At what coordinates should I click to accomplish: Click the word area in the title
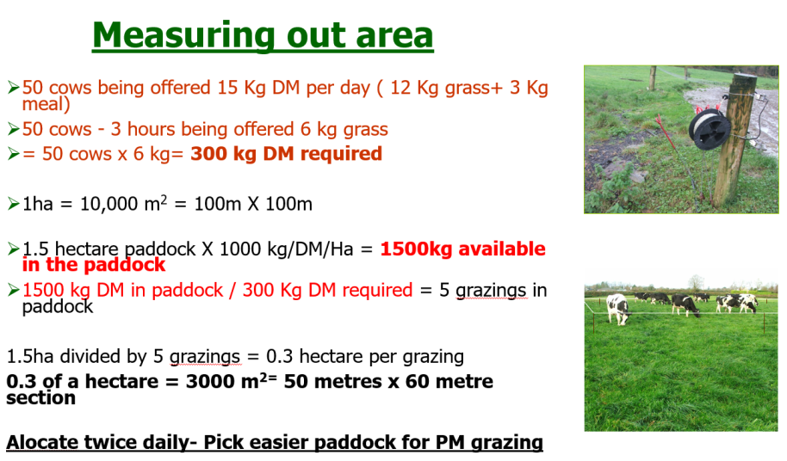394,36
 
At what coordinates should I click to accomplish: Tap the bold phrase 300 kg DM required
286,153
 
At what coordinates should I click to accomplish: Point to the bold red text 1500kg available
462,249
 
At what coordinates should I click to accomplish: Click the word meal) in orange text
46,105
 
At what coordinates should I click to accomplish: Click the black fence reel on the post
710,129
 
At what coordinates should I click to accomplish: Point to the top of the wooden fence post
744,77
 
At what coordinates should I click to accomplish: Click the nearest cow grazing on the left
618,309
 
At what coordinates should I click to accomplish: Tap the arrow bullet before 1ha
13,204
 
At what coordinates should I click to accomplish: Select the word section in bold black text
40,398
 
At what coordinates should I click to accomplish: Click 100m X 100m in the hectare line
253,205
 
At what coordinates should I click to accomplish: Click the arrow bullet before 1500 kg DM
13,290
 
